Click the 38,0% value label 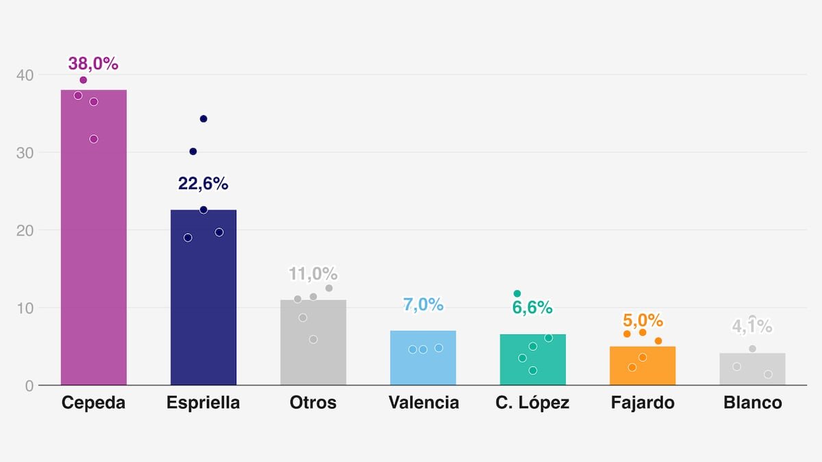[93, 64]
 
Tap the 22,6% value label [203, 184]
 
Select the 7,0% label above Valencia [423, 305]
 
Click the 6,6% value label [532, 308]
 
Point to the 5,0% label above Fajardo [643, 320]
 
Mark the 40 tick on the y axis [25, 75]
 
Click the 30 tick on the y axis [25, 152]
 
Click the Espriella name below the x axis [203, 403]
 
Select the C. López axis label [532, 403]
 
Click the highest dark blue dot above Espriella [203, 119]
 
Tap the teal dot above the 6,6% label [517, 293]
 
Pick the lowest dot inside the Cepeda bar [94, 139]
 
